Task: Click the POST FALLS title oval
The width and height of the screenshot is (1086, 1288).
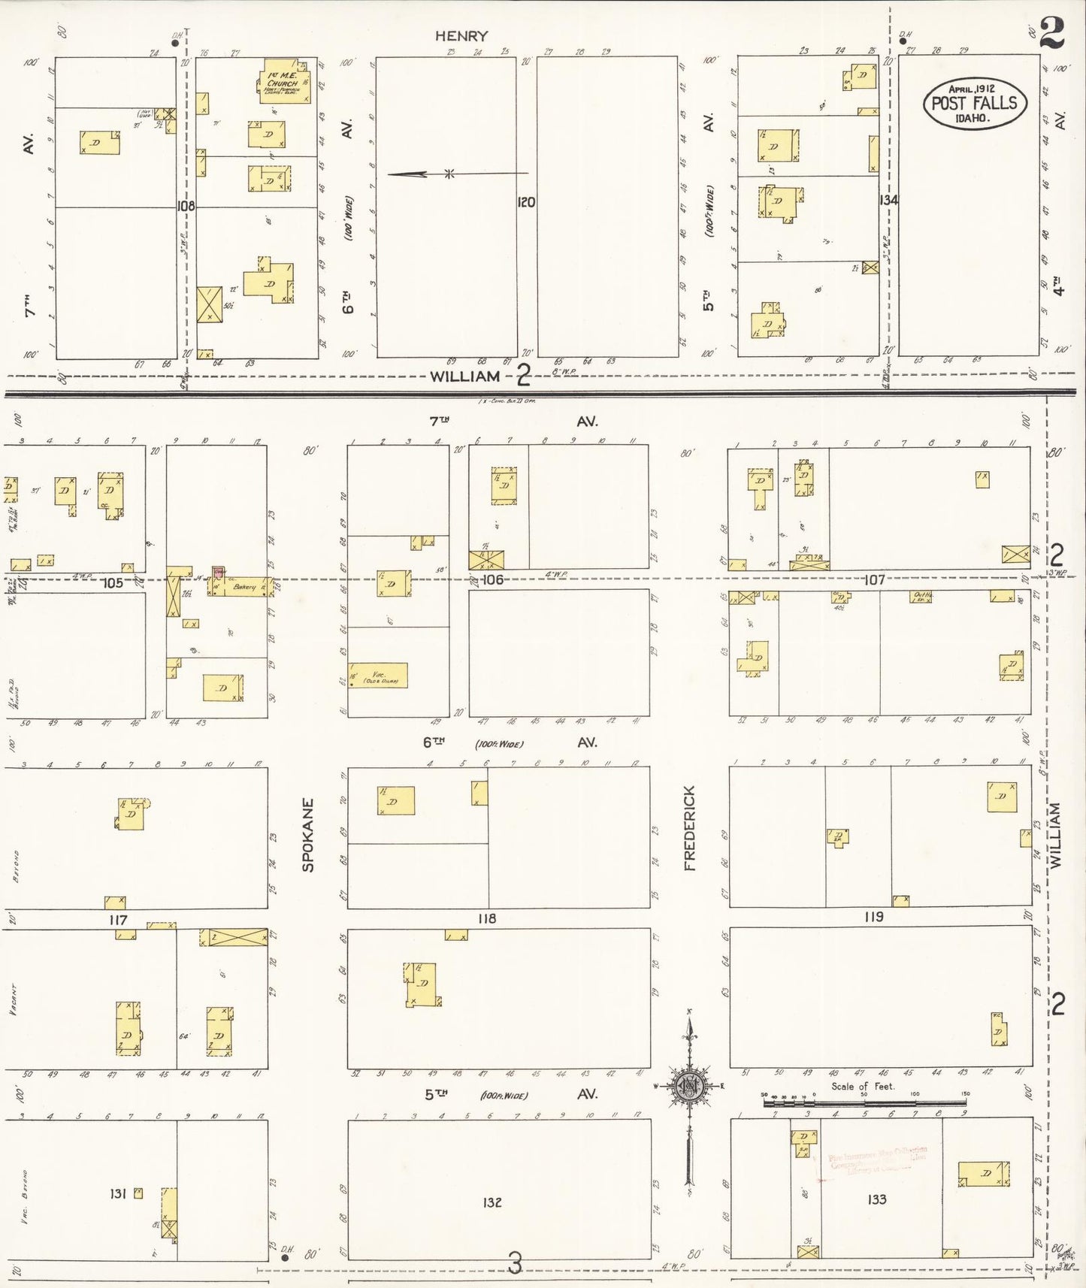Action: pos(974,103)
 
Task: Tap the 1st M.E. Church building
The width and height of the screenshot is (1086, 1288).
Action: pos(286,81)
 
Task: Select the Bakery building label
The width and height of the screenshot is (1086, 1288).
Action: pos(244,586)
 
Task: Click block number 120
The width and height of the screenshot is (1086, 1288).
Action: pos(526,201)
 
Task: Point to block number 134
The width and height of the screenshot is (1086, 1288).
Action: pos(888,200)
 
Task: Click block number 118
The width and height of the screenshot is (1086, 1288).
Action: pos(487,918)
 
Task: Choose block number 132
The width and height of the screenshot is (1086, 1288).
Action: pos(492,1202)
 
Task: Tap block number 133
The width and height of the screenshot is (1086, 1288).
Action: pos(877,1199)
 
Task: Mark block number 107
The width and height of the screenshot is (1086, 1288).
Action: pos(873,579)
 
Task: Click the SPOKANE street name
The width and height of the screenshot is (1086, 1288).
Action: pos(307,834)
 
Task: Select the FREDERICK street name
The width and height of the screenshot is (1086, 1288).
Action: pos(690,828)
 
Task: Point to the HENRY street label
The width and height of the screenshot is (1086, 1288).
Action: pos(461,35)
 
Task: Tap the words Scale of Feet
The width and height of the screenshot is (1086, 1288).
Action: pos(863,1086)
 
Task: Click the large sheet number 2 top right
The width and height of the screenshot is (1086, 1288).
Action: pos(1053,33)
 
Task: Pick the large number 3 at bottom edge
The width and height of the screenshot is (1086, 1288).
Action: pos(515,1263)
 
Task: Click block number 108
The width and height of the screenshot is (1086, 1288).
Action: pos(186,206)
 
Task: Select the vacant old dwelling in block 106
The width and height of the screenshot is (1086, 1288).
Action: pos(380,675)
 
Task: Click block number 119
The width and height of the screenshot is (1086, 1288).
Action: pos(873,917)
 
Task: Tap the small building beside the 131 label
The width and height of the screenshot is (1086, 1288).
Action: pos(138,1193)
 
